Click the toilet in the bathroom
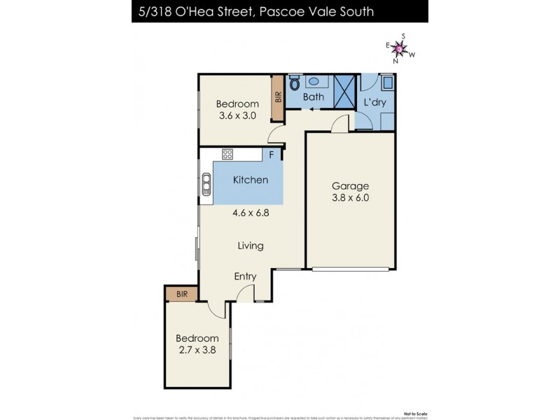coord(295,84)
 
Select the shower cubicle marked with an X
coord(344,90)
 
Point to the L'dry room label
coord(374,103)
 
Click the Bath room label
coord(313,97)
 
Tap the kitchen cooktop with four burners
coord(227,155)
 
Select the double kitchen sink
coord(206,185)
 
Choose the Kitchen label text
coord(250,180)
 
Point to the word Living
coord(250,246)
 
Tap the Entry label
coord(245,276)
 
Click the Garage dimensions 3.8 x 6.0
coord(350,197)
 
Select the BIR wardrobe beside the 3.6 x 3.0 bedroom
coord(278,99)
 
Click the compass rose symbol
coord(398,48)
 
